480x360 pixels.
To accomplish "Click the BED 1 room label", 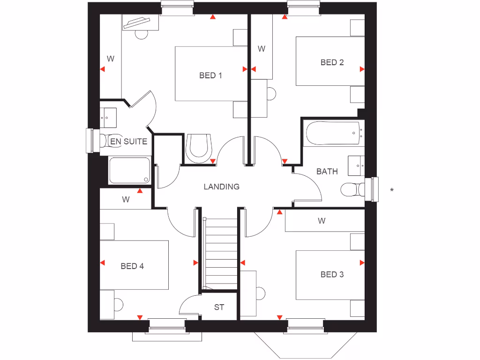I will (x=210, y=75).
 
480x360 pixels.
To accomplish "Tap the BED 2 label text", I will (x=332, y=62).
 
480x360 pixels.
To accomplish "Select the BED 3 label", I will (x=332, y=274).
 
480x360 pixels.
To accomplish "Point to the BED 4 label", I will (x=132, y=266).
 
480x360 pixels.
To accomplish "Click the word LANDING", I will (x=221, y=187).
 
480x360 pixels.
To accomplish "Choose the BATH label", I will (x=327, y=172).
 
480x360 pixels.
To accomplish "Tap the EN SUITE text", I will (x=128, y=141).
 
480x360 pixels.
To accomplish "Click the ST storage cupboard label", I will (x=219, y=307).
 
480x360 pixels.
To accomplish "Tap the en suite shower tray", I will (x=129, y=170).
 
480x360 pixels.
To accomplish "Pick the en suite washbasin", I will (x=109, y=117).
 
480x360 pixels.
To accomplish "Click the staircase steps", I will (x=220, y=253).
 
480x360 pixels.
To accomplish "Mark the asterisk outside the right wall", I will (x=392, y=190).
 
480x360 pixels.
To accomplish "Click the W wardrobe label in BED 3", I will (x=322, y=221).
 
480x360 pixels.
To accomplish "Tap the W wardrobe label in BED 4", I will (x=126, y=200).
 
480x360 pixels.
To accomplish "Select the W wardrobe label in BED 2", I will (x=262, y=49).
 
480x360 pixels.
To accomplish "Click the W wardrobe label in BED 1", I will (x=111, y=59).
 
